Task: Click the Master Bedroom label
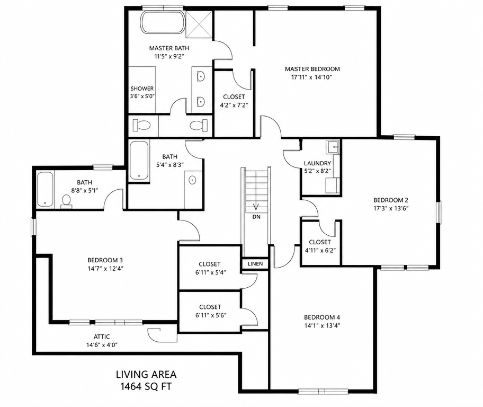(x=312, y=69)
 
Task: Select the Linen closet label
(x=255, y=263)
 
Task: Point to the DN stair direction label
(x=256, y=217)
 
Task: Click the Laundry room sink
(x=333, y=147)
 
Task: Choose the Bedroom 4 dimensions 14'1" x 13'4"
(x=322, y=325)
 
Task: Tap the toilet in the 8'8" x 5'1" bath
(x=66, y=201)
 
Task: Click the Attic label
(x=102, y=337)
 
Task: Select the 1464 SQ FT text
(x=146, y=386)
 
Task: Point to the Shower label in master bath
(x=142, y=89)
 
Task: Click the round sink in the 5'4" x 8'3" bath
(x=192, y=180)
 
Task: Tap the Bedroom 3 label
(x=105, y=260)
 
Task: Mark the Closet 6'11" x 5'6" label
(x=210, y=307)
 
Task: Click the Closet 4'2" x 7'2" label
(x=234, y=97)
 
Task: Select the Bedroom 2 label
(x=391, y=200)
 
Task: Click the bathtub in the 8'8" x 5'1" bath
(x=46, y=189)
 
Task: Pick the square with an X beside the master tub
(x=199, y=24)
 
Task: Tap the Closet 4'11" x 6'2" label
(x=320, y=242)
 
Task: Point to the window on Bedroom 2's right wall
(x=439, y=212)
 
